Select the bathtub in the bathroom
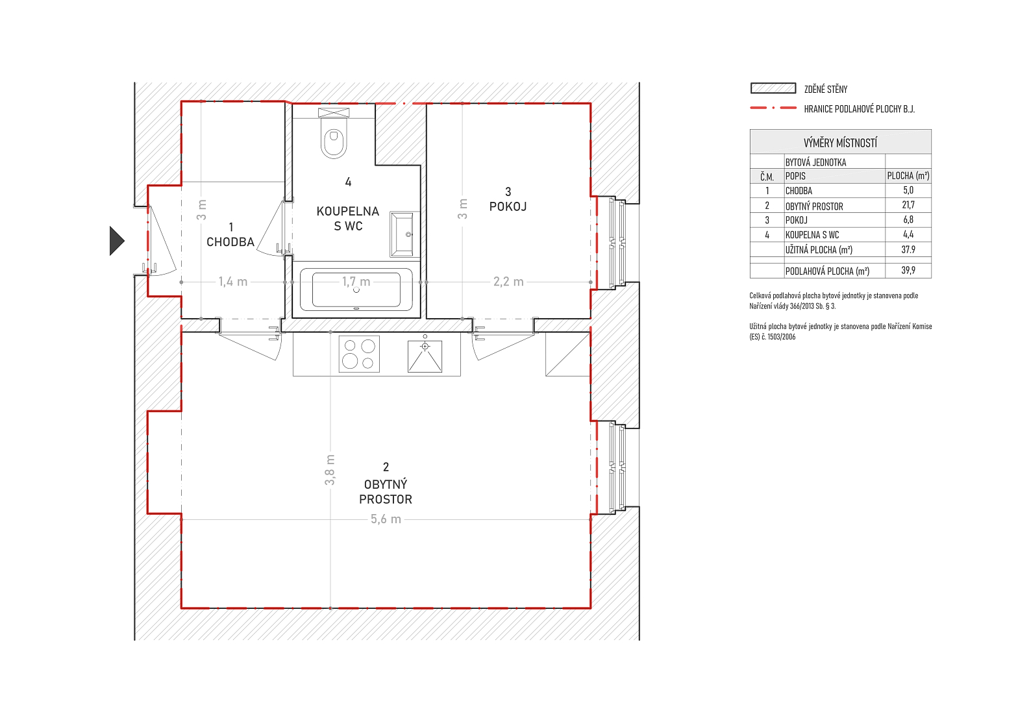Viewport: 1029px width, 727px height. pyautogui.click(x=356, y=290)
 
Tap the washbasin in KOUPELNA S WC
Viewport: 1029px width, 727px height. pyautogui.click(x=402, y=234)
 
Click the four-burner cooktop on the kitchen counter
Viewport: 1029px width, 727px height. pyautogui.click(x=359, y=354)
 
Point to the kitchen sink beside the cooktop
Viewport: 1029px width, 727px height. pyautogui.click(x=425, y=356)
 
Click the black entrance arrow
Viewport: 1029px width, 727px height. pyautogui.click(x=117, y=241)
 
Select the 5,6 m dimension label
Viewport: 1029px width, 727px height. pyautogui.click(x=386, y=519)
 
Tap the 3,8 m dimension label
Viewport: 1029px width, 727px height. pyautogui.click(x=330, y=469)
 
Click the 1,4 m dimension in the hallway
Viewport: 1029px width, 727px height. pyautogui.click(x=233, y=282)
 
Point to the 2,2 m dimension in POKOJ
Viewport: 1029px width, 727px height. pyautogui.click(x=508, y=282)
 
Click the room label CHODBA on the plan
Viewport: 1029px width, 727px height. pyautogui.click(x=230, y=242)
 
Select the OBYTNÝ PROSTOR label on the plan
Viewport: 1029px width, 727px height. pyautogui.click(x=386, y=492)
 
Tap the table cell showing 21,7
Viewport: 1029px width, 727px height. pyautogui.click(x=908, y=205)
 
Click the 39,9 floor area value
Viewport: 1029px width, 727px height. pyautogui.click(x=908, y=270)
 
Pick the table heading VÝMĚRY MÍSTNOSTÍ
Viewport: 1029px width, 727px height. pyautogui.click(x=840, y=143)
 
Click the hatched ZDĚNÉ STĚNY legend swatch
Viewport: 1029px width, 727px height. pyautogui.click(x=773, y=88)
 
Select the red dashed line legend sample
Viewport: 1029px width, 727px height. pyautogui.click(x=773, y=108)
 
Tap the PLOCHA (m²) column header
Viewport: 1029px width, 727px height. pyautogui.click(x=908, y=176)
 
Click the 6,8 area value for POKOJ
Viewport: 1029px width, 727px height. pyautogui.click(x=908, y=219)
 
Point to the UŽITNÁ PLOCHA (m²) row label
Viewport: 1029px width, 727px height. pyautogui.click(x=819, y=250)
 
